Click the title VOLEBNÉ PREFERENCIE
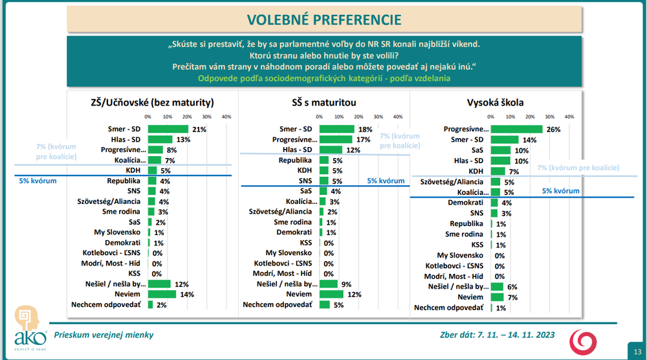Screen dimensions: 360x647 tap(323, 19)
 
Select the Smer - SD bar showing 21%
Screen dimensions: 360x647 tap(168, 129)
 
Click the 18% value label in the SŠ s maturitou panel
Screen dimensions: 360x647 tap(364, 129)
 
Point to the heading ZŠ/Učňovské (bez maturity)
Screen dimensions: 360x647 tap(153, 102)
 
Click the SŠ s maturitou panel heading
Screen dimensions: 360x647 tap(324, 102)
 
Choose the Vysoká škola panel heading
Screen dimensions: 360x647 tap(496, 102)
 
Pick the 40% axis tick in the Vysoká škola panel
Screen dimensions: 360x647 tap(569, 117)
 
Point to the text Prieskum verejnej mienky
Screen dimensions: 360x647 tap(104, 335)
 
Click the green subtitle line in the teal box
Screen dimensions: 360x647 tap(323, 78)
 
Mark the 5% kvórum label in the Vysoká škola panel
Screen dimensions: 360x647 tap(560, 192)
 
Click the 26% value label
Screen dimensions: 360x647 tap(553, 129)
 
